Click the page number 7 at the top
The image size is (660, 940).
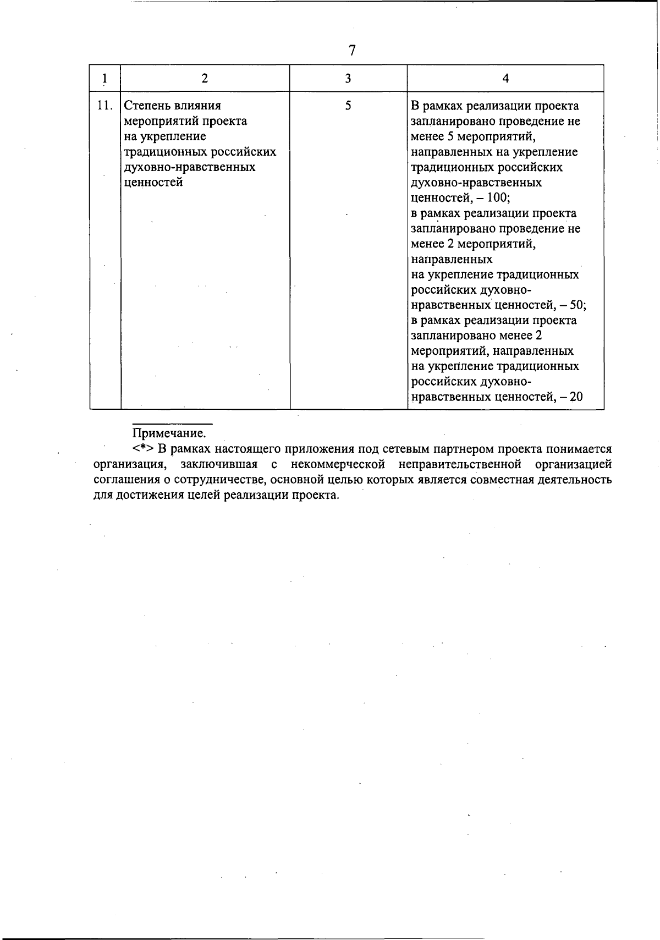[352, 51]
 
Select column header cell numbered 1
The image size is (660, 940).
[105, 78]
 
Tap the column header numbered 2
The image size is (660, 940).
[205, 78]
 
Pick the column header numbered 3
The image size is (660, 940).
[348, 78]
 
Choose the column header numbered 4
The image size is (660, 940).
[505, 78]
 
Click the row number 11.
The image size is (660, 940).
[105, 106]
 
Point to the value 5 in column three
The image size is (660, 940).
[348, 106]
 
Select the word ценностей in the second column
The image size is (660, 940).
[154, 183]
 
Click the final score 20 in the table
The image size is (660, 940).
[576, 397]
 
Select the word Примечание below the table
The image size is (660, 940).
[172, 433]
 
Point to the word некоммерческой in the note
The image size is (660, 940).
[337, 464]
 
